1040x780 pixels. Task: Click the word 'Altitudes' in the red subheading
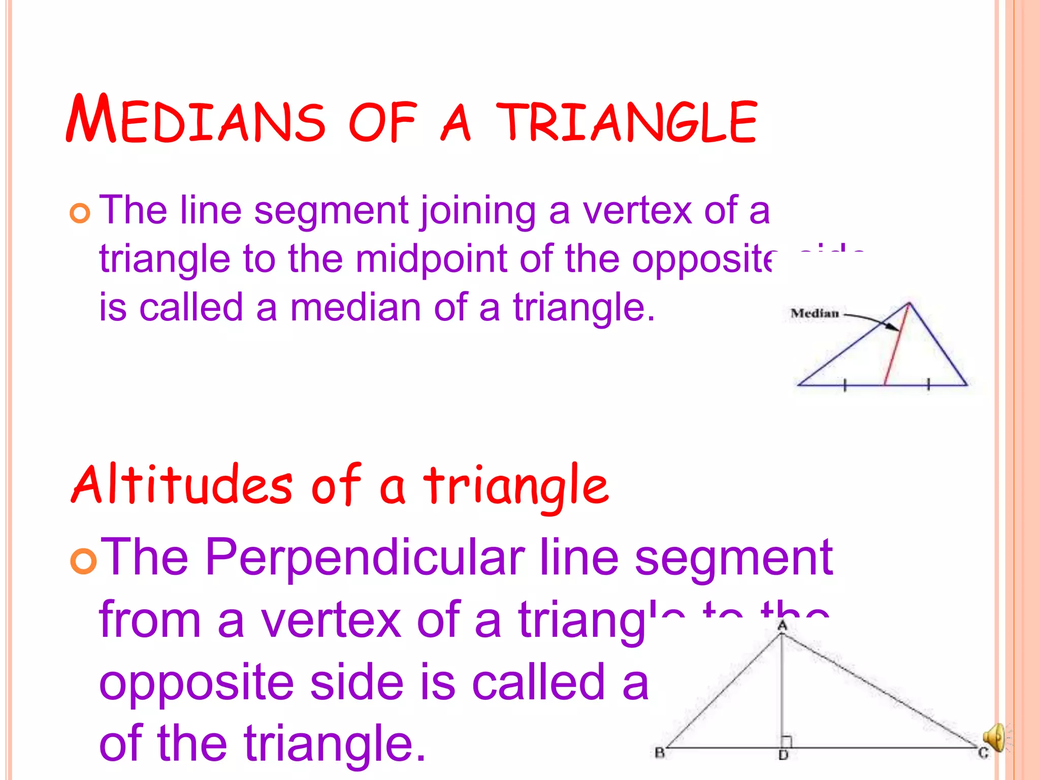click(182, 485)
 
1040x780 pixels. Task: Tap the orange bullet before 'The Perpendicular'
click(83, 561)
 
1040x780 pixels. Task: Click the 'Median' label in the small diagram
click(815, 313)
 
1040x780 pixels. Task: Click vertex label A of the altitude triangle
click(782, 626)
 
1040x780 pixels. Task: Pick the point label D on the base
click(783, 756)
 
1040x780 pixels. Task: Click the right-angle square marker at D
click(786, 742)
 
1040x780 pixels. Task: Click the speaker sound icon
click(994, 737)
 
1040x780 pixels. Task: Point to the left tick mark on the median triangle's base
click(845, 385)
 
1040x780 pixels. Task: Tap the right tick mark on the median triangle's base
click(928, 385)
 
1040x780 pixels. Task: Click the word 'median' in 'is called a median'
click(355, 308)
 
